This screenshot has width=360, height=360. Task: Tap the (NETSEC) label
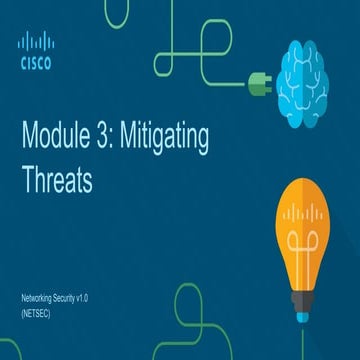[35, 313]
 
